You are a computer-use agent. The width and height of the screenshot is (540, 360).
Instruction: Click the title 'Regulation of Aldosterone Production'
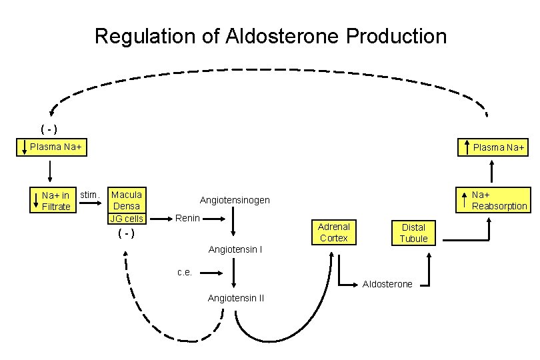click(x=270, y=36)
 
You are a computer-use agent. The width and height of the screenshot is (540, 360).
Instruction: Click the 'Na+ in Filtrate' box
click(x=52, y=201)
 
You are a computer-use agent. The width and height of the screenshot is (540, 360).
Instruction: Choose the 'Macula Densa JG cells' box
click(x=126, y=206)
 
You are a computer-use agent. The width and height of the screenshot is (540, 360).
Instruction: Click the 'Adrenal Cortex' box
click(x=333, y=232)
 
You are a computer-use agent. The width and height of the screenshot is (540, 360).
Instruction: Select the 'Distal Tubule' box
click(x=413, y=233)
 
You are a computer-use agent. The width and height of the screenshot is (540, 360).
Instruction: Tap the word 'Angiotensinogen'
click(x=235, y=200)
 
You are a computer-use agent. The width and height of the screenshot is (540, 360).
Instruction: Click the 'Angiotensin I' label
click(x=235, y=249)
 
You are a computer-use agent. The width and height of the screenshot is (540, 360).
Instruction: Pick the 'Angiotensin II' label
click(x=235, y=298)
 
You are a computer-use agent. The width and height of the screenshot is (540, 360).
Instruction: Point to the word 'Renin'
click(x=187, y=218)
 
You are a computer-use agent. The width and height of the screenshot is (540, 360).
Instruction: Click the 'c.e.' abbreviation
click(x=185, y=271)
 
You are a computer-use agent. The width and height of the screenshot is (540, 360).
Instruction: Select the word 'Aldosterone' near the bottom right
click(x=387, y=284)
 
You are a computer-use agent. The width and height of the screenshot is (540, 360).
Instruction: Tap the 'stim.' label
click(x=90, y=195)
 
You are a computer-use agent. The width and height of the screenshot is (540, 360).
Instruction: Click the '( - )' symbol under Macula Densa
click(x=126, y=233)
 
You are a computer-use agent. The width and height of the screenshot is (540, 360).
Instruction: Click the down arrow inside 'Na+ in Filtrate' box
click(x=36, y=201)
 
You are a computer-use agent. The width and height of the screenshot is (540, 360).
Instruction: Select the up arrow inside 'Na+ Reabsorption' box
click(x=465, y=200)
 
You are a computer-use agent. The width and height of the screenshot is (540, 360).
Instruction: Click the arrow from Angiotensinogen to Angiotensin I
click(x=233, y=224)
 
